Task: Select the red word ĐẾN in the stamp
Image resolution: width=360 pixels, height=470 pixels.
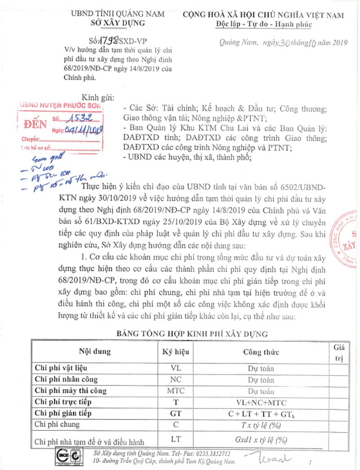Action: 36,124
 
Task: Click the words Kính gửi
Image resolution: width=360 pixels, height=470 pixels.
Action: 98,97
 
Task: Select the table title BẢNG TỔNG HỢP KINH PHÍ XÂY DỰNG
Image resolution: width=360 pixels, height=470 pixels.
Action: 192,333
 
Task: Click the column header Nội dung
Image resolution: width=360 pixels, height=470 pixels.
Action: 95,351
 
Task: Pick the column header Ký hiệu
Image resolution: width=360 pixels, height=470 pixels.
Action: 175,351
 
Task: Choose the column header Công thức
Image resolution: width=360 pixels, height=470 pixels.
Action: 261,352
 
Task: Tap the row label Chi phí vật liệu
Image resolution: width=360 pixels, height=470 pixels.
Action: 61,368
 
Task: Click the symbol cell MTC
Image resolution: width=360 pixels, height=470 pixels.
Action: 176,390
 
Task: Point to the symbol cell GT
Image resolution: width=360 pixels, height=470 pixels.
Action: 176,413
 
